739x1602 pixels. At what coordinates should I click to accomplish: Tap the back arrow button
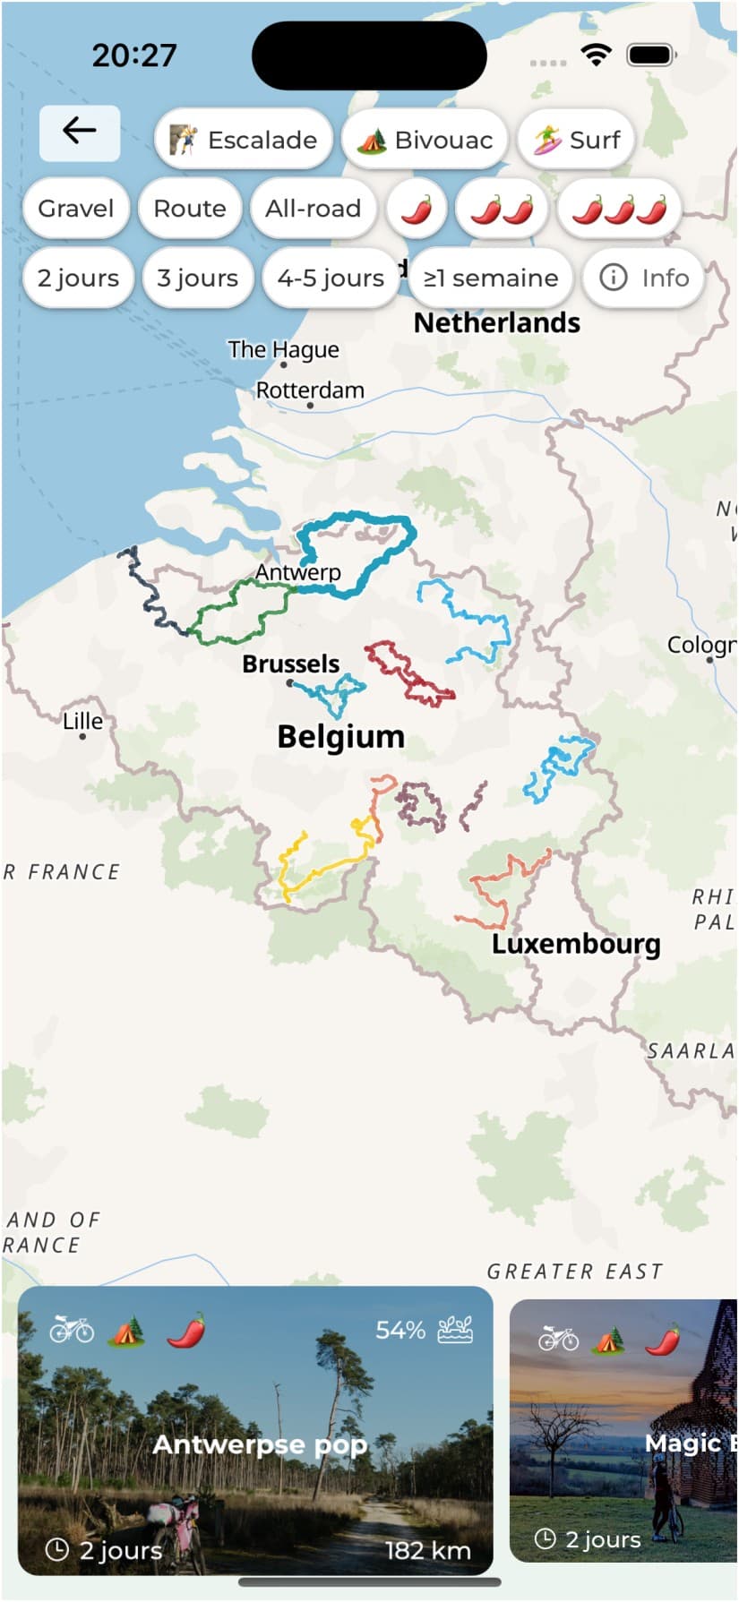[79, 133]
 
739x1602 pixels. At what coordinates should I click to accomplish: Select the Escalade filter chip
[244, 140]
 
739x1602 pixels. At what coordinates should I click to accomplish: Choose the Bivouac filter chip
[425, 140]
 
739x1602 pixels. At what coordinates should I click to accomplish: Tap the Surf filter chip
[576, 140]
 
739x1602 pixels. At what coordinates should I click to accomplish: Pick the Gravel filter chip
[75, 209]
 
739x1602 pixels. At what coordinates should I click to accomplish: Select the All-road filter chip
[313, 209]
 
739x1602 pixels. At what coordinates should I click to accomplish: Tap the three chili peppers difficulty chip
[619, 209]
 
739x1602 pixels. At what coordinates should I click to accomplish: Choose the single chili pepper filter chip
[416, 209]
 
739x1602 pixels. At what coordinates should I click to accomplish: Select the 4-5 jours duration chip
[330, 278]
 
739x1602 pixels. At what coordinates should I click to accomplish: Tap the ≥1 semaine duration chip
[490, 278]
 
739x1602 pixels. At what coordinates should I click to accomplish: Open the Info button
[643, 278]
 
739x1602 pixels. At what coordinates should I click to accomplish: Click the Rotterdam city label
[310, 391]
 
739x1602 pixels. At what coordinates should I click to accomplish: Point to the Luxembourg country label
[576, 944]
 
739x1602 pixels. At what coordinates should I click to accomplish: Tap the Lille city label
[82, 722]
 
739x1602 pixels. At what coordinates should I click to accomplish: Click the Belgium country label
[340, 737]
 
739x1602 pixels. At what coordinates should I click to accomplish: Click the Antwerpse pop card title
[260, 1444]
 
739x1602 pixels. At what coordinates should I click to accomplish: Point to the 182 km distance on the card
[427, 1550]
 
